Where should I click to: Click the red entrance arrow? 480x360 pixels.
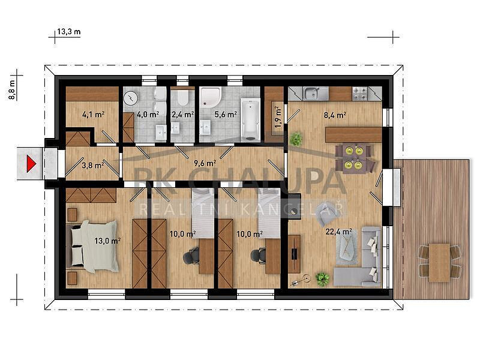(x=31, y=164)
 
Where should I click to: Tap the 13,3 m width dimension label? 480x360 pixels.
(x=69, y=32)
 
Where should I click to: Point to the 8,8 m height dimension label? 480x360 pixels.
(x=12, y=89)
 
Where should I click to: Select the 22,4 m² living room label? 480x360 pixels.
(x=338, y=232)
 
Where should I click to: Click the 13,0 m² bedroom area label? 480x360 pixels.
(x=107, y=241)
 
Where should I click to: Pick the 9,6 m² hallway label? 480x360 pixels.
(x=205, y=163)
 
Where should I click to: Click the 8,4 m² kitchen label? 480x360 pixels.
(x=335, y=115)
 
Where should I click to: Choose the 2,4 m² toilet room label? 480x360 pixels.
(x=183, y=115)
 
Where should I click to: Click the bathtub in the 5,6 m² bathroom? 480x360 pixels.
(x=250, y=119)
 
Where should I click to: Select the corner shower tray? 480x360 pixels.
(x=210, y=97)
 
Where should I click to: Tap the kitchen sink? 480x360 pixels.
(x=311, y=94)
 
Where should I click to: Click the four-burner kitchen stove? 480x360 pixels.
(x=360, y=94)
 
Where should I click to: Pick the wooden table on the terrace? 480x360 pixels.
(x=439, y=263)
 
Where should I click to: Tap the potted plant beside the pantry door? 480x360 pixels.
(x=296, y=139)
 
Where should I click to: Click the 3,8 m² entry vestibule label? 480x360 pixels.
(x=93, y=166)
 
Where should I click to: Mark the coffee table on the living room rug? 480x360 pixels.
(x=347, y=247)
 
